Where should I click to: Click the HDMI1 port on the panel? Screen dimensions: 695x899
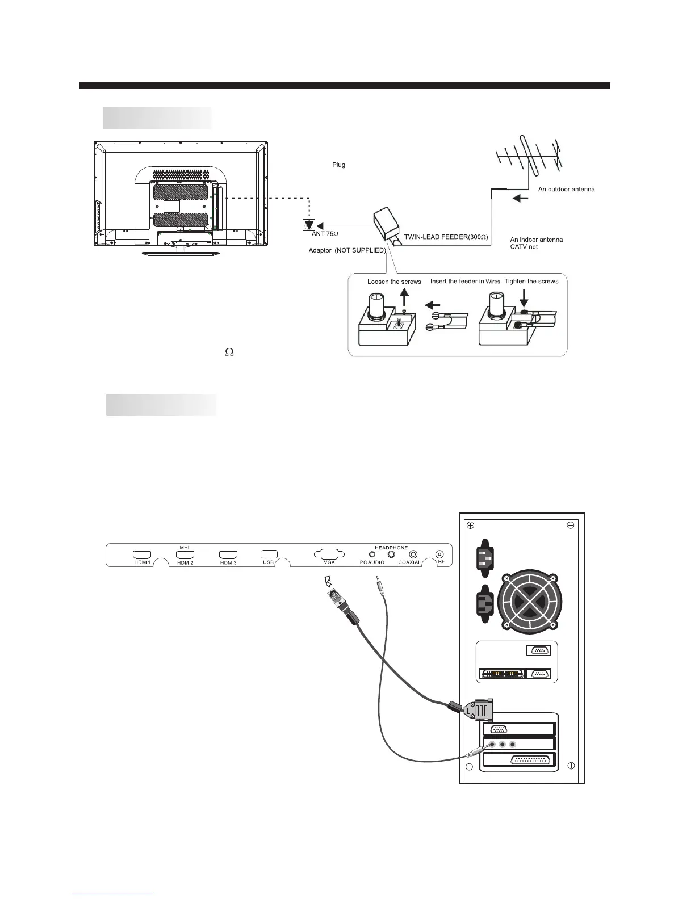(x=141, y=553)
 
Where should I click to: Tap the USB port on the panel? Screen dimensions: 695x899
(x=269, y=553)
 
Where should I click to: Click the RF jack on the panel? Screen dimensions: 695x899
(x=439, y=554)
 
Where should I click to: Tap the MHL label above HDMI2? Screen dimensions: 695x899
(x=185, y=548)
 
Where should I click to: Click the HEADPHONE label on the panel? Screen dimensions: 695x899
(x=391, y=548)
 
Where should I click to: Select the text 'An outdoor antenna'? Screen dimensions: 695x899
(x=566, y=189)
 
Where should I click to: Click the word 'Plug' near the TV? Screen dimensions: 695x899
(x=338, y=165)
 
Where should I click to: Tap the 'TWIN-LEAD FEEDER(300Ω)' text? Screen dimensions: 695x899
(x=446, y=236)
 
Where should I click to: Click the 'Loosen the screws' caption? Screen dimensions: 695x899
(x=394, y=282)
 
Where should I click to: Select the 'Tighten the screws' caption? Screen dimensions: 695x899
(x=531, y=282)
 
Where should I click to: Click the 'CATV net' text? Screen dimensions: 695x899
(x=524, y=246)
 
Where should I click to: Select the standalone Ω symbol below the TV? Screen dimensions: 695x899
(x=230, y=352)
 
